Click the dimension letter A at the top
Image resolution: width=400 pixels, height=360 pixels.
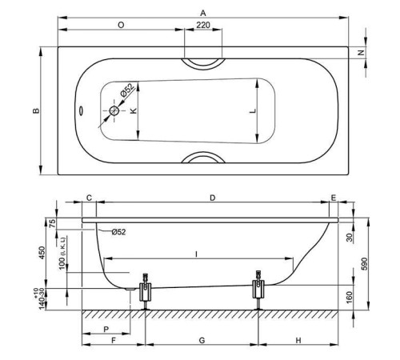[x=203, y=13]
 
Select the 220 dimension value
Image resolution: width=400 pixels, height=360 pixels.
[x=203, y=25]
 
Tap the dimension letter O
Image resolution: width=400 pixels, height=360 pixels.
[x=121, y=25]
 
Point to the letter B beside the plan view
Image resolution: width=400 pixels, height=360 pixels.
[x=36, y=110]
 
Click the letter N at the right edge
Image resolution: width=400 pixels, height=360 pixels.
[x=361, y=53]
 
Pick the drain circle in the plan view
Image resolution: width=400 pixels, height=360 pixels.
[x=114, y=110]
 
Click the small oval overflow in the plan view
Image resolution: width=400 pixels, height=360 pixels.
[x=81, y=110]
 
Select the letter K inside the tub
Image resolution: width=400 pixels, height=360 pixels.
[x=133, y=110]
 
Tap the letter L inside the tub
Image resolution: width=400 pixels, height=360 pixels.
[x=253, y=111]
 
